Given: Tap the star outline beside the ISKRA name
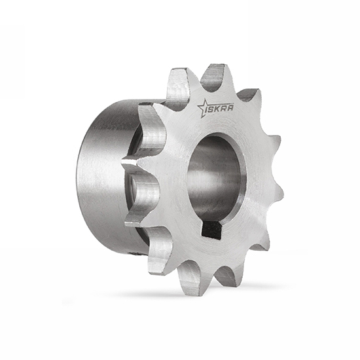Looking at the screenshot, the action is tap(203, 108).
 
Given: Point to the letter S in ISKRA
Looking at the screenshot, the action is tap(213, 108).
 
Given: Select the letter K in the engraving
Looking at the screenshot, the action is tap(219, 108).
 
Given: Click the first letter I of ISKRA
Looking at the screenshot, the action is tap(207, 109).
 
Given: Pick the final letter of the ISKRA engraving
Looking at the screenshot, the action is tap(230, 107).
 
